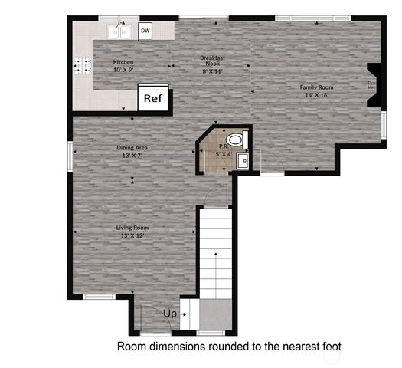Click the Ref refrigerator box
(x=153, y=99)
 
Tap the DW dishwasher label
(x=145, y=31)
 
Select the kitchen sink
(x=119, y=31)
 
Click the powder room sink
(x=242, y=160)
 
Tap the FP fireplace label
(x=371, y=85)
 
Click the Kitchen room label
(x=123, y=62)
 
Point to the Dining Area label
(x=132, y=148)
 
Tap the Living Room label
(x=132, y=228)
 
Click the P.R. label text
(x=222, y=146)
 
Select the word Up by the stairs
(x=170, y=313)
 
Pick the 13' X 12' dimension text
(x=132, y=236)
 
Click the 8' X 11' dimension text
(x=212, y=71)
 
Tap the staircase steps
(x=215, y=253)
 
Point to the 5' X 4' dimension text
(x=223, y=154)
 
